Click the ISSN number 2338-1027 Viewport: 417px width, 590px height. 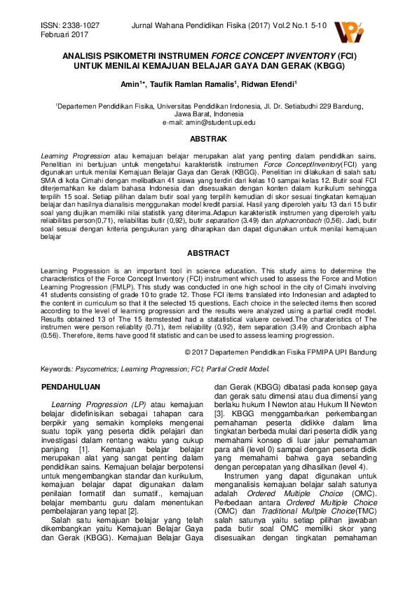pyautogui.click(x=79, y=25)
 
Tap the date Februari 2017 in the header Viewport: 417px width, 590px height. pyautogui.click(x=59, y=34)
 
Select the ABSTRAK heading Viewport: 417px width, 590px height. pyautogui.click(x=208, y=139)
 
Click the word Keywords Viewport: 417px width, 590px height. pyautogui.click(x=57, y=368)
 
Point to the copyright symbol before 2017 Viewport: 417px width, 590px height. pyautogui.click(x=187, y=350)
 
